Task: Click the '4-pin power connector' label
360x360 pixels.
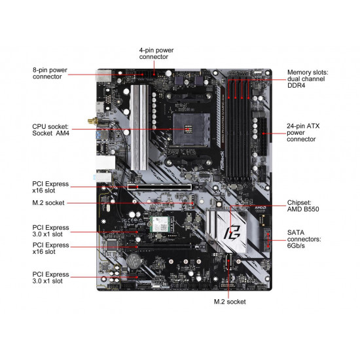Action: pos(156,53)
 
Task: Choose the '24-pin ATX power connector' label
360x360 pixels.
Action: pos(305,132)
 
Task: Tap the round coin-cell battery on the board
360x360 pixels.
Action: pos(134,260)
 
